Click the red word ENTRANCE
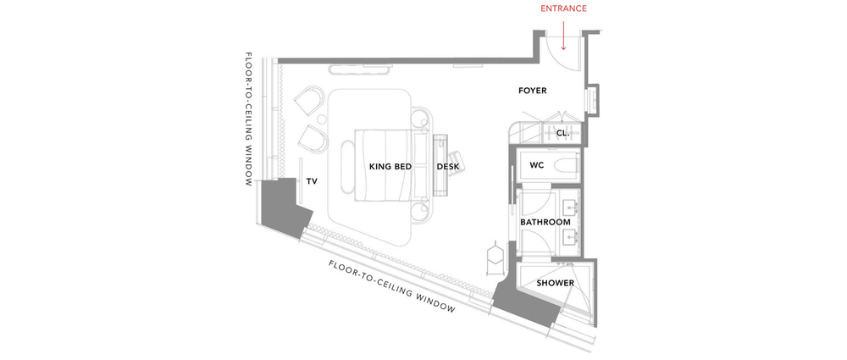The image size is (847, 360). (563, 8)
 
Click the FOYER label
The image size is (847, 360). (533, 91)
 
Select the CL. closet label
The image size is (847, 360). (562, 133)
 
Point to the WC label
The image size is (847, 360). (536, 165)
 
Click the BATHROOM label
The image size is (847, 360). (545, 222)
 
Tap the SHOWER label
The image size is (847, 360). (556, 283)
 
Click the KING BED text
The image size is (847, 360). (390, 167)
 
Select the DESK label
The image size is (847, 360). (448, 167)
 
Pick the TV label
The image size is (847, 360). (312, 181)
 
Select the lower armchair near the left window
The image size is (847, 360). (313, 140)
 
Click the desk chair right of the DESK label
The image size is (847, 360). (458, 161)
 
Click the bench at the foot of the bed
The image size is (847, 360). (347, 167)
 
